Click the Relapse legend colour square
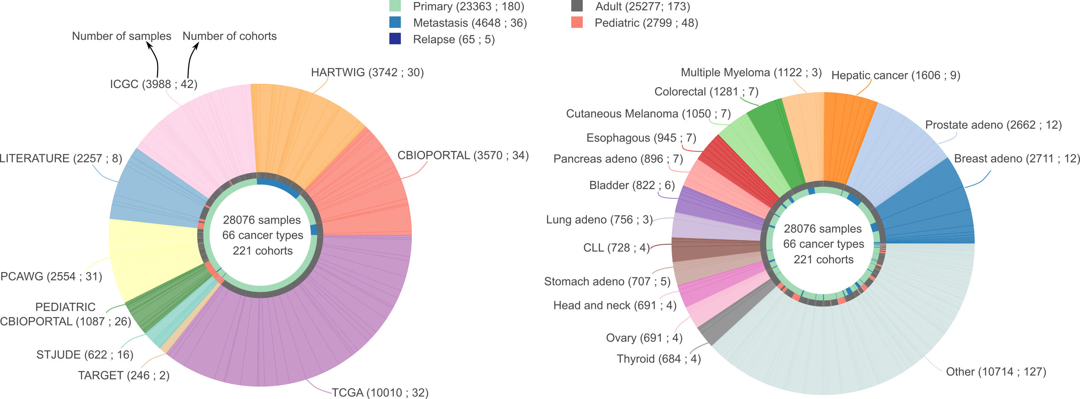tap(395, 39)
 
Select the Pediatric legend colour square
tap(577, 23)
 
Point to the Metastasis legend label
tap(469, 23)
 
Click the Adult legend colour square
tap(577, 6)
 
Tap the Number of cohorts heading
tap(230, 36)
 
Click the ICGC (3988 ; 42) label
tap(154, 84)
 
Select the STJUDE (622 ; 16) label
tap(85, 355)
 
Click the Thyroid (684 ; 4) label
tap(658, 359)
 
